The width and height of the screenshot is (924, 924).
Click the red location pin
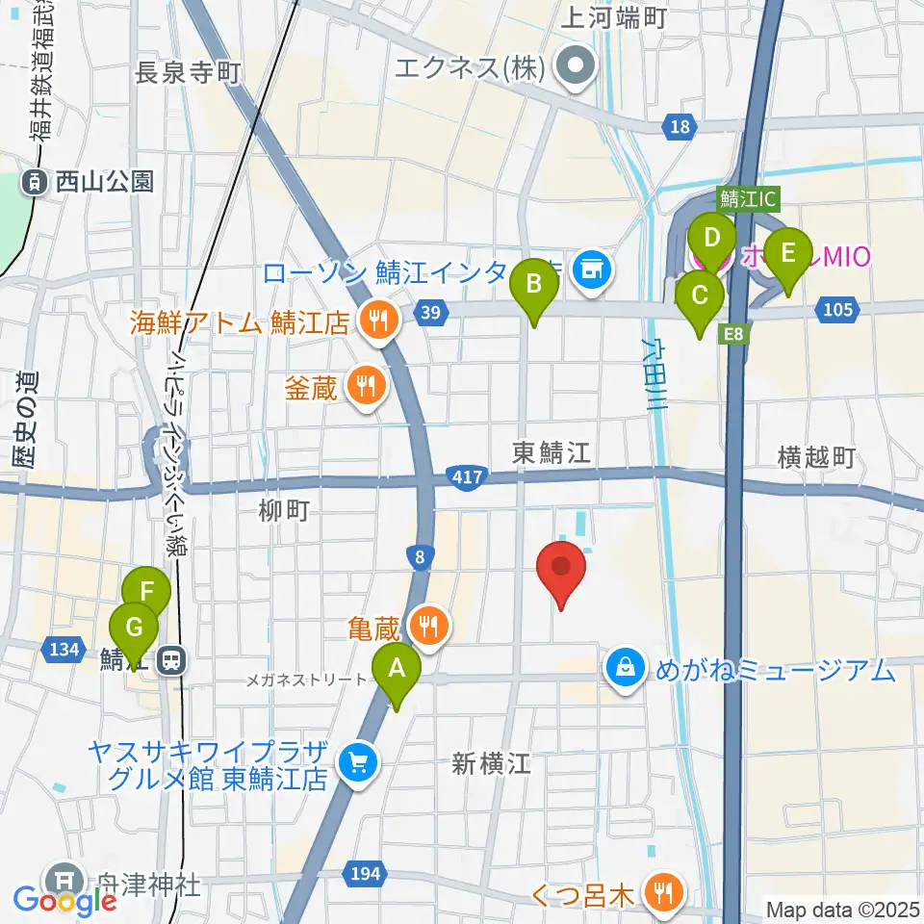564,572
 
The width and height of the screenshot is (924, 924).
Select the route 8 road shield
416,555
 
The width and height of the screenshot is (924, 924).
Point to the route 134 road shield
63,651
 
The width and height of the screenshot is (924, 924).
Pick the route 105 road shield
838,308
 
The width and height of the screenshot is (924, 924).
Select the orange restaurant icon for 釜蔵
365,387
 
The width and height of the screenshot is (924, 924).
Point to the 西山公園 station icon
35,180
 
